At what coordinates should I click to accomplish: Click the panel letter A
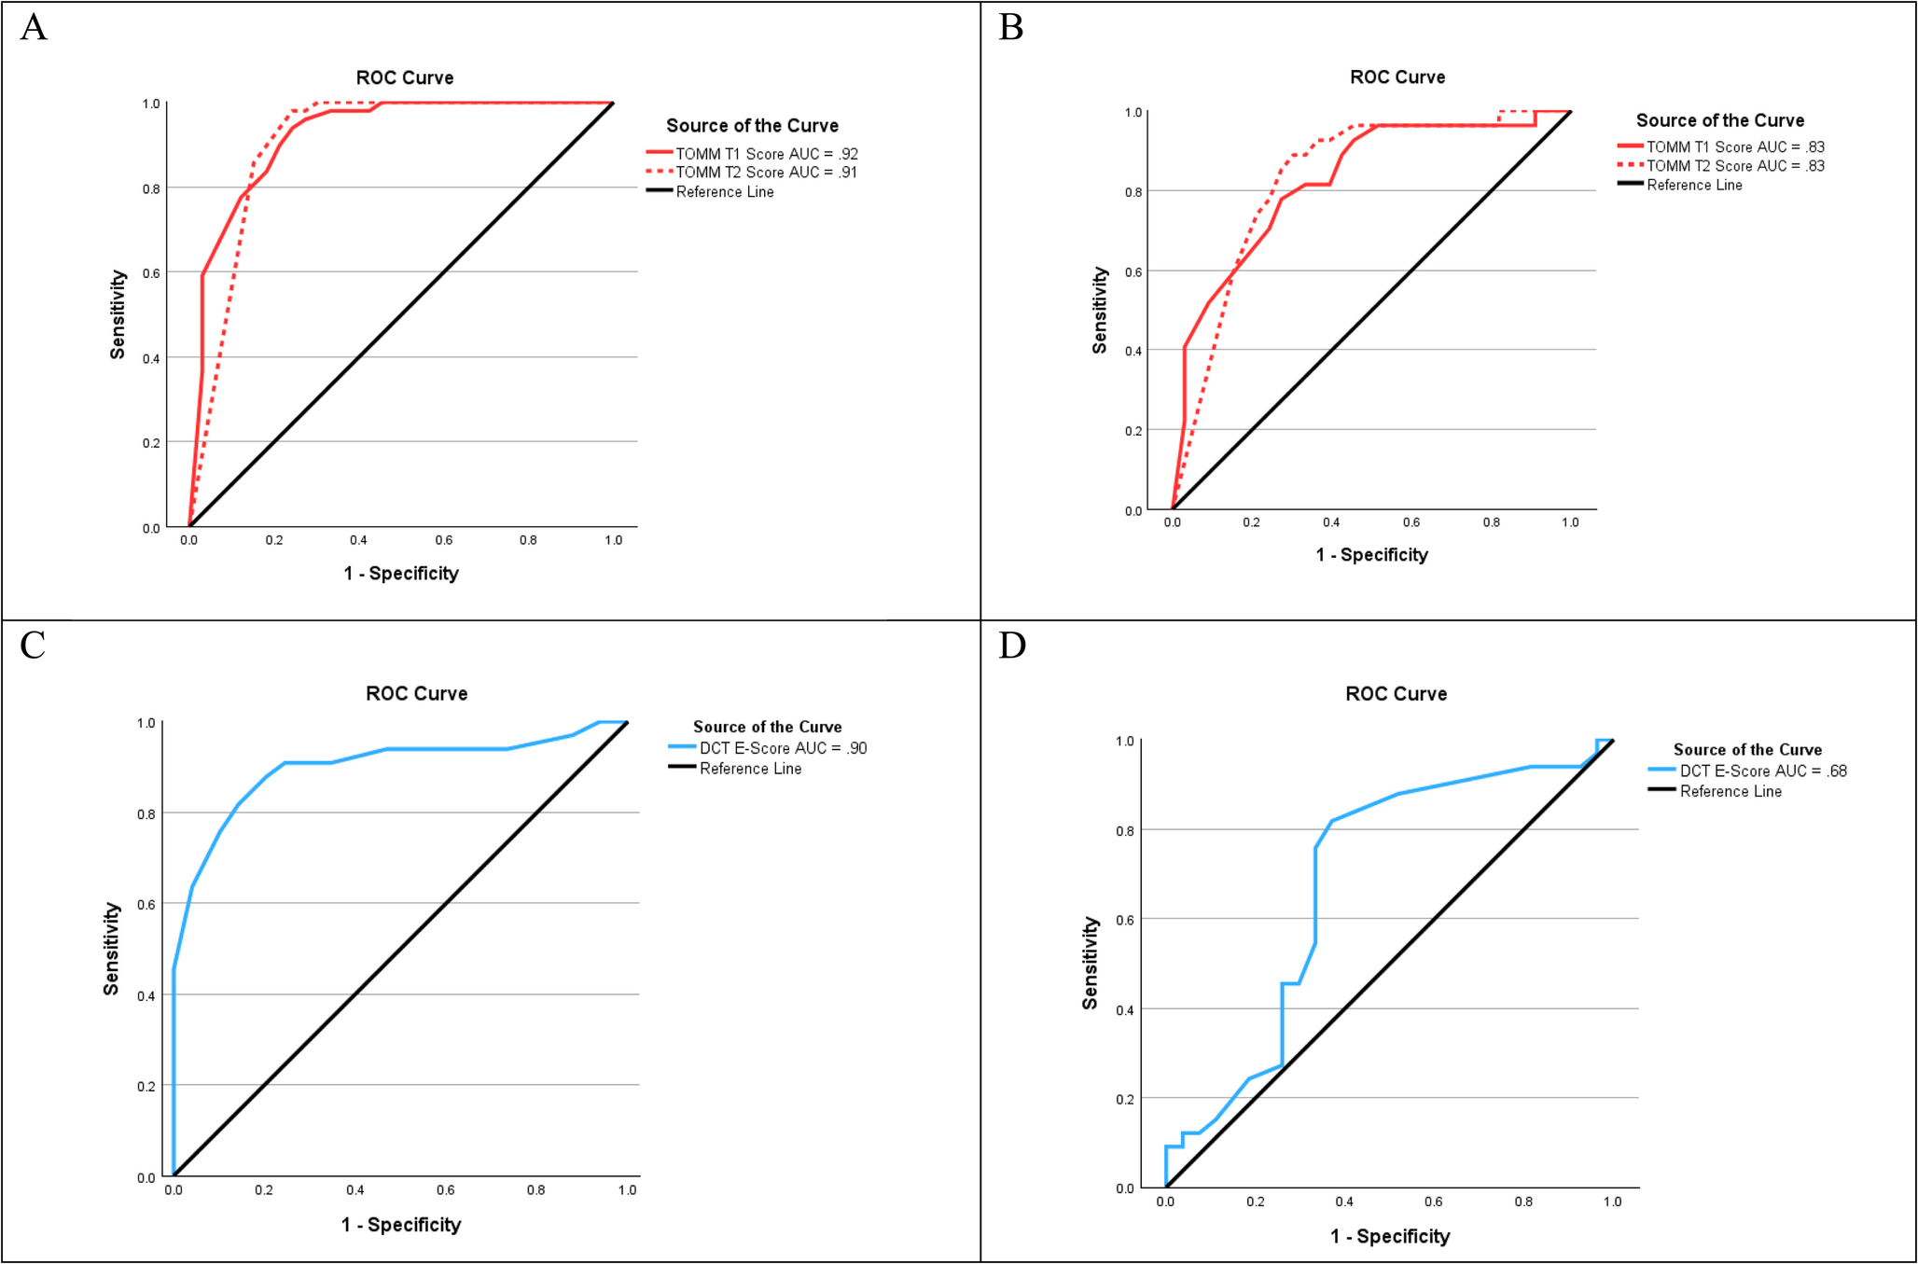pos(34,27)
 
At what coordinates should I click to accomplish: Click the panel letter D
pos(1012,646)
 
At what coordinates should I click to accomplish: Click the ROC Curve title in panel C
pos(416,693)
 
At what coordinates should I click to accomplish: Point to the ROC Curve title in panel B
pos(1397,77)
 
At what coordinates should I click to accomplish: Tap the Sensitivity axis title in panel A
pos(118,314)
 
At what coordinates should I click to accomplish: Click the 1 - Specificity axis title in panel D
pos(1390,1236)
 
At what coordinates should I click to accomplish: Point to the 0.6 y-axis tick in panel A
pos(151,273)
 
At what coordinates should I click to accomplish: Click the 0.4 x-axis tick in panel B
pos(1331,522)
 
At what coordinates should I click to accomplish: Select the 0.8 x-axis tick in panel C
pos(536,1190)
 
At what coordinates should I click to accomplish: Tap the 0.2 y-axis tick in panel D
pos(1125,1099)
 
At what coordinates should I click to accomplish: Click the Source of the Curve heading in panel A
pos(752,126)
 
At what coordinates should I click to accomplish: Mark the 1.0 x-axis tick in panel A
pos(613,540)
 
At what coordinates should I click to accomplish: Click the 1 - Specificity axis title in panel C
pos(401,1225)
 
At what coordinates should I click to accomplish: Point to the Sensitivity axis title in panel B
pos(1100,311)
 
